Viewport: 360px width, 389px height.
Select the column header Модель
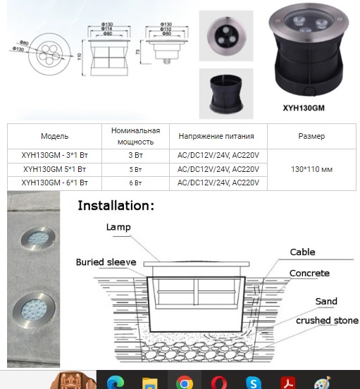(54, 136)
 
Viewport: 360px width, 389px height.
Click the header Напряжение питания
(216, 136)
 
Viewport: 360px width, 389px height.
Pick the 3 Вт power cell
(136, 156)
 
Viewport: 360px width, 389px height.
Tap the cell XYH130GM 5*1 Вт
(54, 170)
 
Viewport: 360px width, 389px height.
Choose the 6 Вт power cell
(136, 183)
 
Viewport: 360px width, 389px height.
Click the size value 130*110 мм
(311, 170)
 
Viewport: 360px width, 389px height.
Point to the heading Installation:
(116, 206)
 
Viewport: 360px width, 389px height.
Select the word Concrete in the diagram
(309, 273)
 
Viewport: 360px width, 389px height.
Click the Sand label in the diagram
(326, 302)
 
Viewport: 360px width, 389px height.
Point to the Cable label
(302, 252)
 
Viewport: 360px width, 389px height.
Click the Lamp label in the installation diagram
(119, 227)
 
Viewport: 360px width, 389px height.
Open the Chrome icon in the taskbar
(185, 383)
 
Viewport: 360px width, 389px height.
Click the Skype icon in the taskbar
(253, 383)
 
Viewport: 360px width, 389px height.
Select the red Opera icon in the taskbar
(218, 383)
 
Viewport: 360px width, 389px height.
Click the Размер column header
(311, 136)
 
